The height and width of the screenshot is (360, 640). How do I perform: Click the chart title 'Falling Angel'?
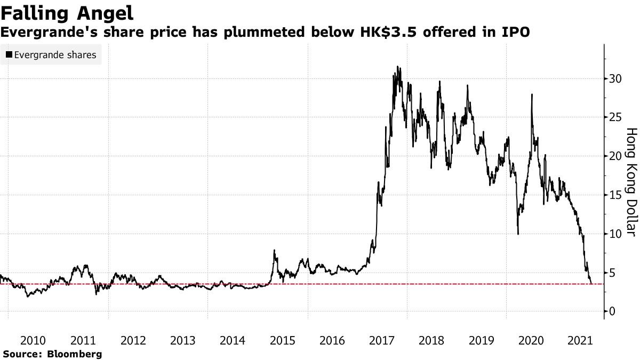tap(67, 12)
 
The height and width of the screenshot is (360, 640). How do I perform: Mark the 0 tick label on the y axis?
tap(613, 311)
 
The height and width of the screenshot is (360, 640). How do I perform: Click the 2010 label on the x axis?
tap(33, 341)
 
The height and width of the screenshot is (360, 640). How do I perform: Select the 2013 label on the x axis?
tap(182, 341)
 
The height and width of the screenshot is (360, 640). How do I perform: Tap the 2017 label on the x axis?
tap(382, 341)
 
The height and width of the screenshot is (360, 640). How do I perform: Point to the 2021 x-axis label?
tap(581, 341)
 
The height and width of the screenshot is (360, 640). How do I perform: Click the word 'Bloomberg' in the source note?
tap(75, 354)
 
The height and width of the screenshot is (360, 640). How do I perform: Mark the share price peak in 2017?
tap(397, 67)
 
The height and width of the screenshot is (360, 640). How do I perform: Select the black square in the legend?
tap(9, 55)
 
